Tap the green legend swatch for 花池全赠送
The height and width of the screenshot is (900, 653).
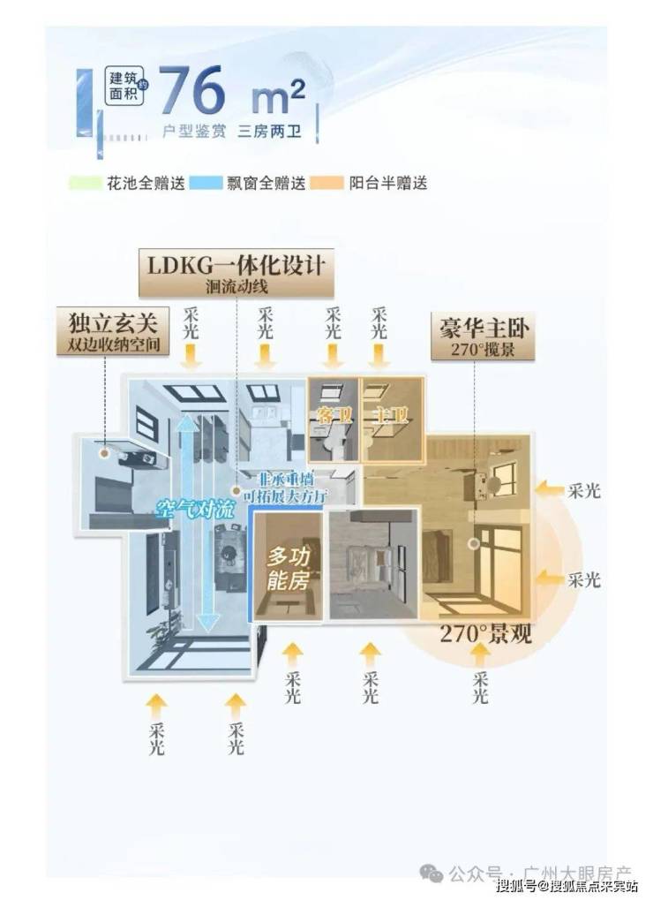(x=85, y=184)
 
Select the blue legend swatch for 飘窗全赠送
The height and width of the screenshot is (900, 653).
(x=208, y=184)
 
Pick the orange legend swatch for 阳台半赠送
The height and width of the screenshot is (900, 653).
(x=330, y=184)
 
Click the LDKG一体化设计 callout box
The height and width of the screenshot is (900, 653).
(x=236, y=273)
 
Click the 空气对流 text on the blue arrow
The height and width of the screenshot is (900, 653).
(x=191, y=510)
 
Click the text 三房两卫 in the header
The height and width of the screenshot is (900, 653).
(x=268, y=132)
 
